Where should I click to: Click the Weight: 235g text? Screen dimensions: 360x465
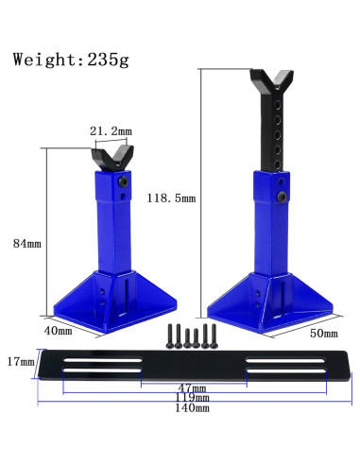point(71,60)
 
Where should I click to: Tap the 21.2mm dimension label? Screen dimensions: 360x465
point(111,130)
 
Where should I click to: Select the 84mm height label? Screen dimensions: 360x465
point(27,244)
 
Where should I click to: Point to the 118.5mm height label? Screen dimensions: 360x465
point(171,198)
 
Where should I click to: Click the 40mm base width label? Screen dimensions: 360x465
point(58,331)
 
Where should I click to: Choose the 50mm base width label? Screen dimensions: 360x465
point(324,334)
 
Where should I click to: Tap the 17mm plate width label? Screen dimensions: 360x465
point(21,362)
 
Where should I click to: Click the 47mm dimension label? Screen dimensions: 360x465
point(192,387)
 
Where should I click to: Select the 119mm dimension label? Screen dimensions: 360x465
point(192,398)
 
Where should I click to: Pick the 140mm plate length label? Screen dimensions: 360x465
point(192,408)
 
